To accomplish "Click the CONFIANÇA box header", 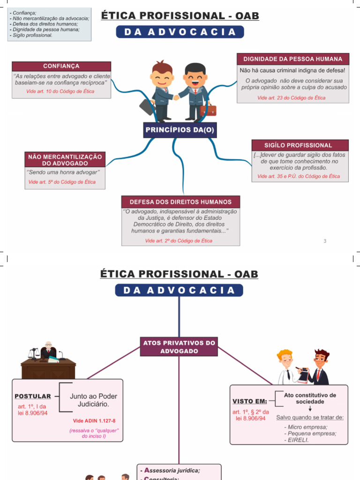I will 61,66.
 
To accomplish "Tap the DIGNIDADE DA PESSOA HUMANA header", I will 293,59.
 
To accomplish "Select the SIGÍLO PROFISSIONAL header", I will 300,145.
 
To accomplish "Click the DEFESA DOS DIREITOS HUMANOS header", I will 180,202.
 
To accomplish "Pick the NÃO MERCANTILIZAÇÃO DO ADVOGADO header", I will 65,160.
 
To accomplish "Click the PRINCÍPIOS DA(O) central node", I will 180,130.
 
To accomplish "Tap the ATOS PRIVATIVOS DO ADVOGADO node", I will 179,347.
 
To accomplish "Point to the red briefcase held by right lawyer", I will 208,110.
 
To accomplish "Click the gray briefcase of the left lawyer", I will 147,106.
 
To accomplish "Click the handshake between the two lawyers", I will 176,97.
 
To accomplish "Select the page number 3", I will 325,241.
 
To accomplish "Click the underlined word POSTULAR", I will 32,396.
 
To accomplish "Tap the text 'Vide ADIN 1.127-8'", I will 94,421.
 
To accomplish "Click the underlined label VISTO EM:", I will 250,401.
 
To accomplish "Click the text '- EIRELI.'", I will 296,440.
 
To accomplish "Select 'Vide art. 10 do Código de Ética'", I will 60,91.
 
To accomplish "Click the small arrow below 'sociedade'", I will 310,409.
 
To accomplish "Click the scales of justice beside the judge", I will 33,352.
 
